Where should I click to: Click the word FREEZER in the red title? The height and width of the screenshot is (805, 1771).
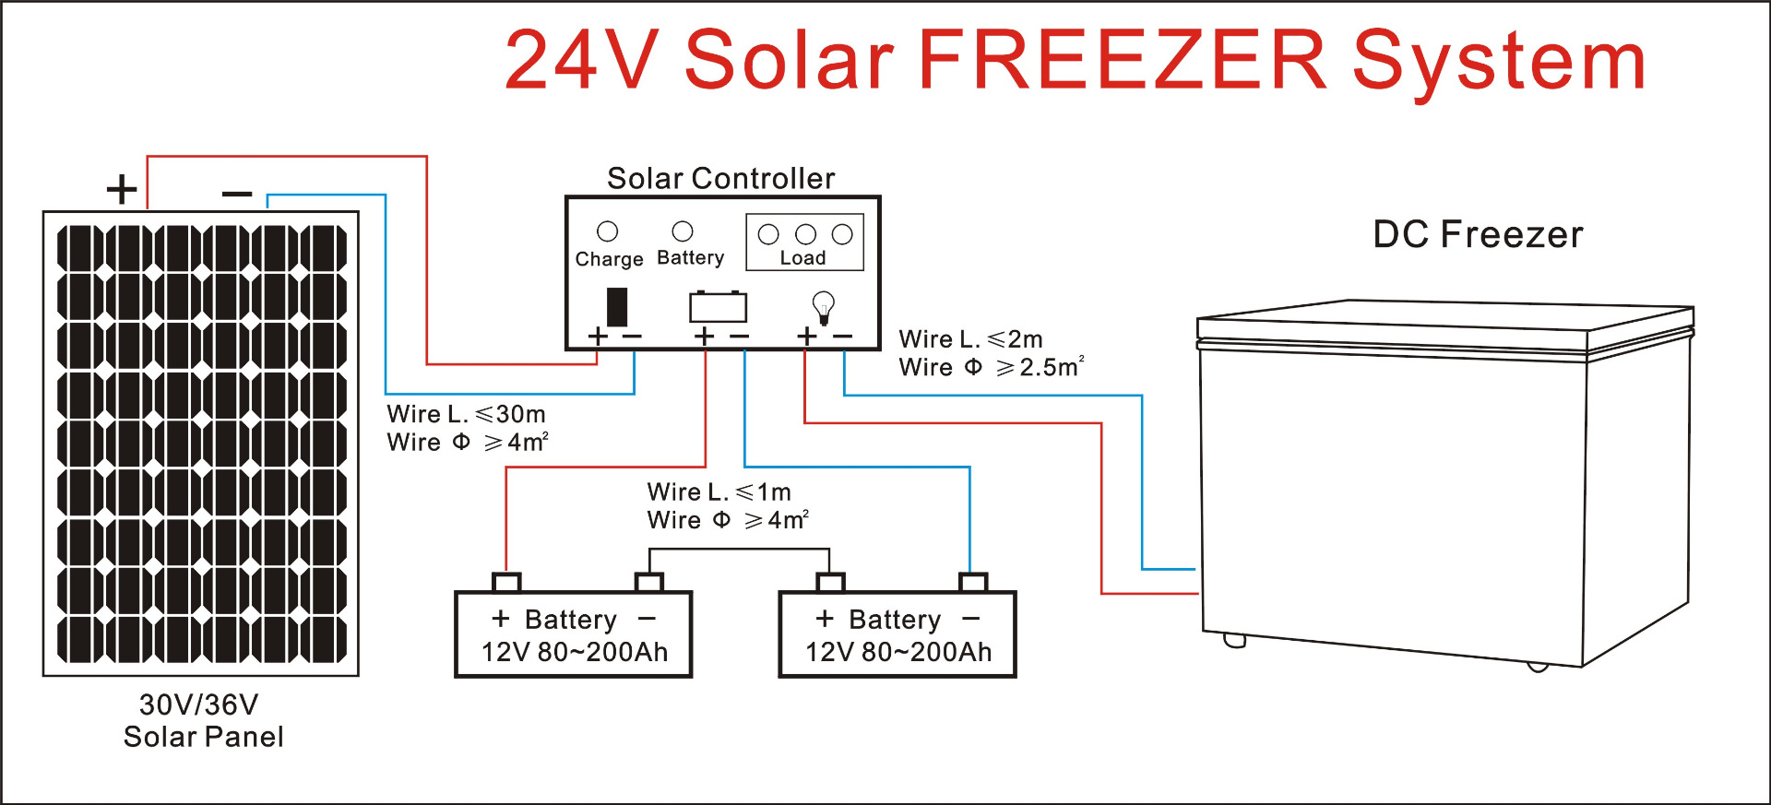pos(1122,61)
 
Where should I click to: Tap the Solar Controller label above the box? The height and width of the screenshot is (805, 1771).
pos(720,178)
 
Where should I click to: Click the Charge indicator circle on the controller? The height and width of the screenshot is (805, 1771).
pos(607,231)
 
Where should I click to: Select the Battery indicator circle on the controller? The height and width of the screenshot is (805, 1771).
pos(683,231)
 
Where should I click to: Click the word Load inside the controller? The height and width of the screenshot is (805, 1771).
pos(802,258)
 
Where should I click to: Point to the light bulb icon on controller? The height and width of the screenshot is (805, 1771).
pos(823,306)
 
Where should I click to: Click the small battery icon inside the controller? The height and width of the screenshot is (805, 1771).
pos(718,306)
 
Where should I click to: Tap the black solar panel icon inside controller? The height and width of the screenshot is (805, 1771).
pos(617,307)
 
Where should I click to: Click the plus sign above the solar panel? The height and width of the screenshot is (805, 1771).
pos(122,190)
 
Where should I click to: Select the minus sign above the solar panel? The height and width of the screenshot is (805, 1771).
pos(237,194)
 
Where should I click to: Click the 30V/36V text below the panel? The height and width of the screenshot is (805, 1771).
pos(198,704)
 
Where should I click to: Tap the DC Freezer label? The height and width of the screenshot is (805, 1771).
pos(1478,234)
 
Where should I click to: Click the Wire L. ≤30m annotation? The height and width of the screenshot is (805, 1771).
pos(466,414)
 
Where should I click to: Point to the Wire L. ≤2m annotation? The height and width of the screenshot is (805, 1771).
pos(970,339)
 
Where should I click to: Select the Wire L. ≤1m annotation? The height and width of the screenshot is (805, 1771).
pos(719,491)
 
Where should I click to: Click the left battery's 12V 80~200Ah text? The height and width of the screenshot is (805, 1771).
pos(574,652)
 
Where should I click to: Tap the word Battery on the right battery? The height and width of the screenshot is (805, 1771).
pos(895,620)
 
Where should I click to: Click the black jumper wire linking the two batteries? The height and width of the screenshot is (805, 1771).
pos(738,550)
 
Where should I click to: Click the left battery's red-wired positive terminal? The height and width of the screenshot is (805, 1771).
pos(506,582)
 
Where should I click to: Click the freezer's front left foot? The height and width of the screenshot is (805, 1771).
pos(1234,640)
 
